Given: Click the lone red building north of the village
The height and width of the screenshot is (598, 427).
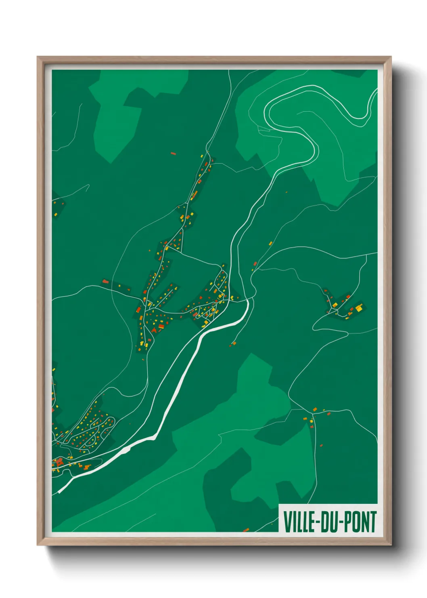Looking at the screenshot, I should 173,154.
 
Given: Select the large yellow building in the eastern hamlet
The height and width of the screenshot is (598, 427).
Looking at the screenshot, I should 358,308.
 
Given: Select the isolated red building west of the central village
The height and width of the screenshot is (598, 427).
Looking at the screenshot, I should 105,281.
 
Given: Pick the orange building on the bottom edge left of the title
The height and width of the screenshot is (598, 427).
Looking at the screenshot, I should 246,530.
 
